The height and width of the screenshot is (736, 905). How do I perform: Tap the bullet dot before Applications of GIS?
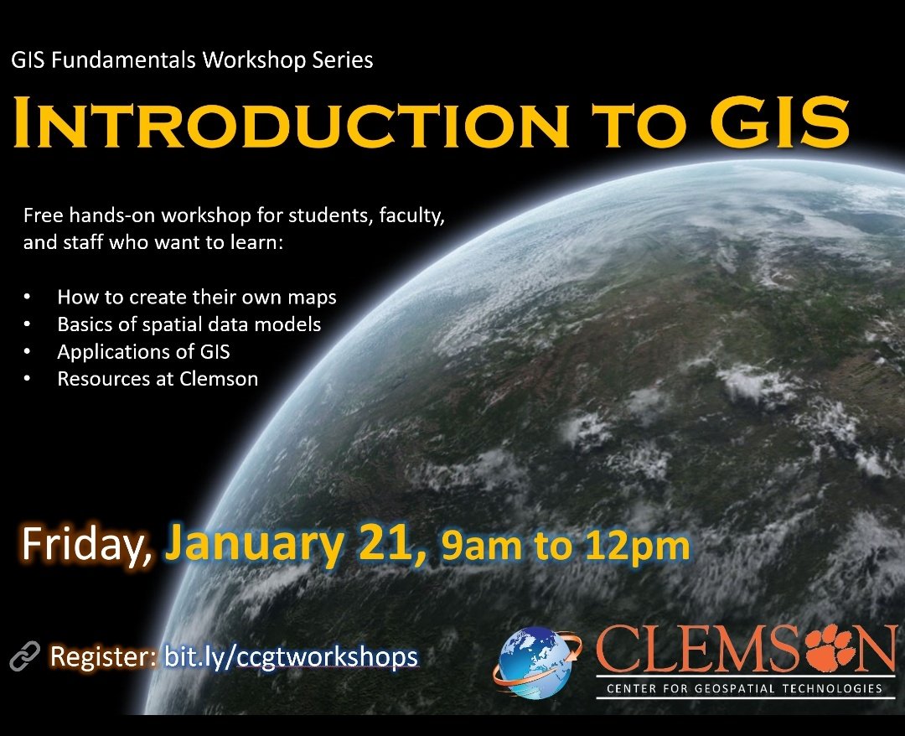point(28,351)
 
